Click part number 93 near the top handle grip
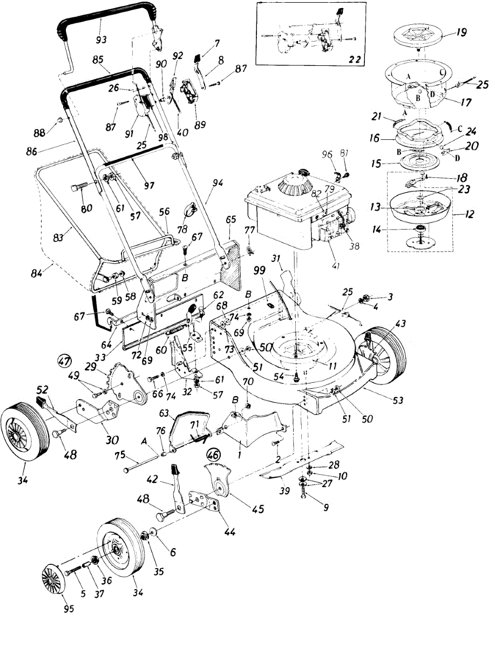100,39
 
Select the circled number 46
214,455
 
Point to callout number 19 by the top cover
460,32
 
